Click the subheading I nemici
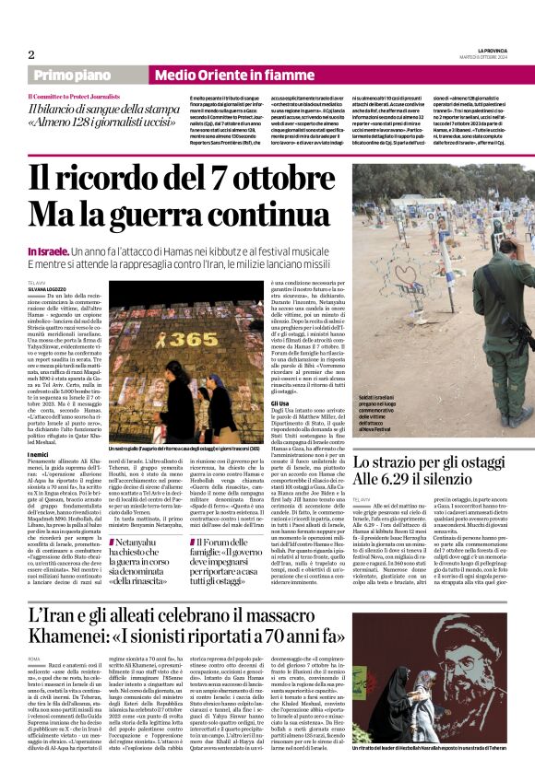40,453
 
